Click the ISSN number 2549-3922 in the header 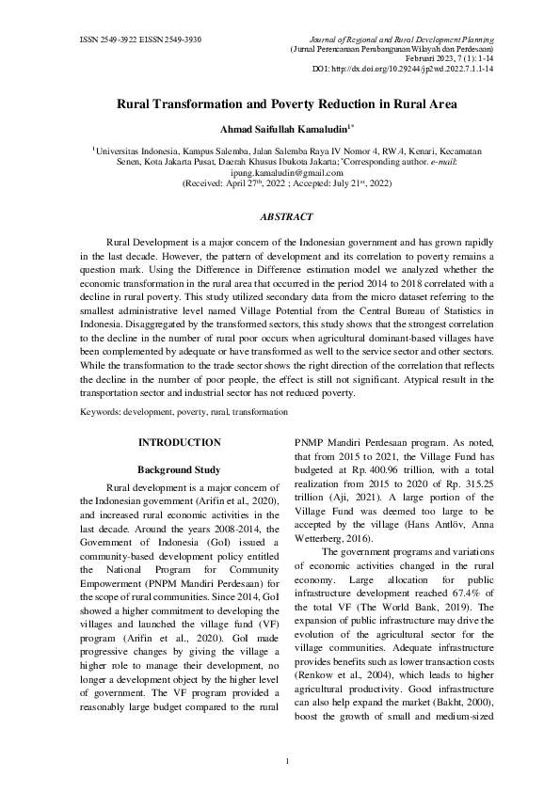coord(111,40)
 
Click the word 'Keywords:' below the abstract coord(102,411)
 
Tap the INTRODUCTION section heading coord(179,442)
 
